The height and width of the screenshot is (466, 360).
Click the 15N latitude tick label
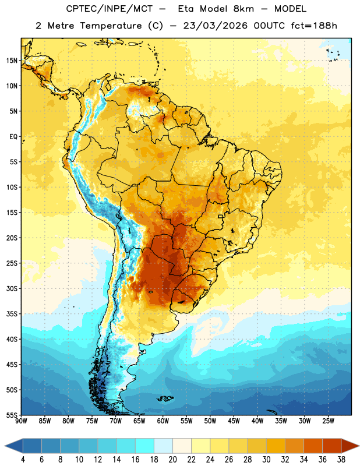[x=12, y=61]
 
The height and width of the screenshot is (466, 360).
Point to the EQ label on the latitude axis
[x=13, y=137]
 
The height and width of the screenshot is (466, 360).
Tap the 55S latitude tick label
[x=12, y=415]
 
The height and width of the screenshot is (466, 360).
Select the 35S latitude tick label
[x=12, y=314]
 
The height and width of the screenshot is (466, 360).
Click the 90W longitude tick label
[x=21, y=421]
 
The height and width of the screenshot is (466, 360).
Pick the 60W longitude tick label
[x=163, y=421]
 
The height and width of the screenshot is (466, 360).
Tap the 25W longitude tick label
[x=328, y=421]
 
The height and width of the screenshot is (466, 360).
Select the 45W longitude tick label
[x=234, y=421]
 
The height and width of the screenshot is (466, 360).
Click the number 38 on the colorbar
[x=341, y=460]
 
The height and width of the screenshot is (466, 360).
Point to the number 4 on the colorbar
[x=23, y=460]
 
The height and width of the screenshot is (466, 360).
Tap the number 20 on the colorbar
[x=172, y=460]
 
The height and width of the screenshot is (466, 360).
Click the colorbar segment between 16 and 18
[x=145, y=446]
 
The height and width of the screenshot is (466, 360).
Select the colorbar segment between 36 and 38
[x=332, y=446]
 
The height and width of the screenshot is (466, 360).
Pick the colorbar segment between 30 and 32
[x=276, y=446]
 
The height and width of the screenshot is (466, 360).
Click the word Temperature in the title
[x=111, y=26]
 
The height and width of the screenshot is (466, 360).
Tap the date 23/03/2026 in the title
[x=215, y=26]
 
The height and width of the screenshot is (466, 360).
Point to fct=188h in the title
[x=314, y=26]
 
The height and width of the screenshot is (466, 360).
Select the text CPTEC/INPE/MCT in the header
[x=109, y=9]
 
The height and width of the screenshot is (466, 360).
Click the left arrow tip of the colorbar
[x=5, y=446]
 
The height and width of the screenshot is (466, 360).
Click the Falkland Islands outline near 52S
[x=165, y=398]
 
